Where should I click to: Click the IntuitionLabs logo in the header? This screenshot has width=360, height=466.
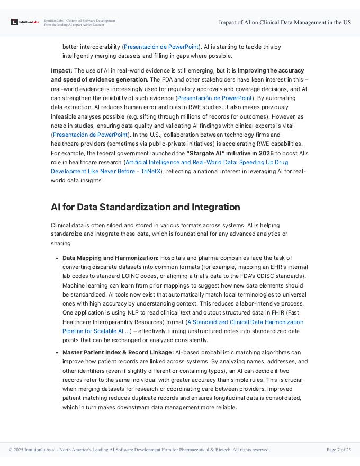25,22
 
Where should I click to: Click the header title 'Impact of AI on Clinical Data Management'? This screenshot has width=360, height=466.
285,22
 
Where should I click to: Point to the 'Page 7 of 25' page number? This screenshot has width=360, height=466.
338,450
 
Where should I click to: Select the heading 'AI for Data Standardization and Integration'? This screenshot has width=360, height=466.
145,207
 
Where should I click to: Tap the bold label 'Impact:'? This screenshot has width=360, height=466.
61,70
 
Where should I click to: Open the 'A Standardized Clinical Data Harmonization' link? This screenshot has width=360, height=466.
245,322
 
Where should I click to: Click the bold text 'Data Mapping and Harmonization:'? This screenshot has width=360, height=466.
110,258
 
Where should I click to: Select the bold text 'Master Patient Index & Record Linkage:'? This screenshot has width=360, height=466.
118,352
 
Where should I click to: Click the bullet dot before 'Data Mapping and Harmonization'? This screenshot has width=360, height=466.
57,258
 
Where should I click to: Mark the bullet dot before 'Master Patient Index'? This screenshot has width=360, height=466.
57,353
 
